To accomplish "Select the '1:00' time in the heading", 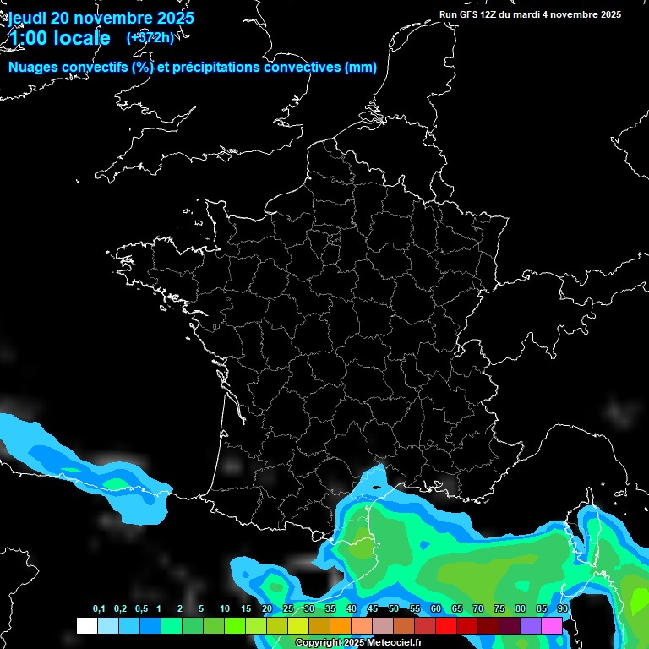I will [28, 38].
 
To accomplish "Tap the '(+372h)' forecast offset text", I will [150, 37].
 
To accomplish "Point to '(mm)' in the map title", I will [361, 68].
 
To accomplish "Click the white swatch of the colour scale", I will [86, 625].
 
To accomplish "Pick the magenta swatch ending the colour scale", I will [552, 625].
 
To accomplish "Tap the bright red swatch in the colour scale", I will [446, 625].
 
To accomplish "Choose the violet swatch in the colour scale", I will [531, 625].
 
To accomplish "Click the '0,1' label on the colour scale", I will [99, 609].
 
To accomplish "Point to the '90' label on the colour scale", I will [562, 609].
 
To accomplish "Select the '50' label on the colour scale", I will [394, 609].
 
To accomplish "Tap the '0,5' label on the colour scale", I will [141, 609].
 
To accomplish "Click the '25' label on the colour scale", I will [288, 609].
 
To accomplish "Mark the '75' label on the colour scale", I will [499, 609].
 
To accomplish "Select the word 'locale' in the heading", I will [82, 38].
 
